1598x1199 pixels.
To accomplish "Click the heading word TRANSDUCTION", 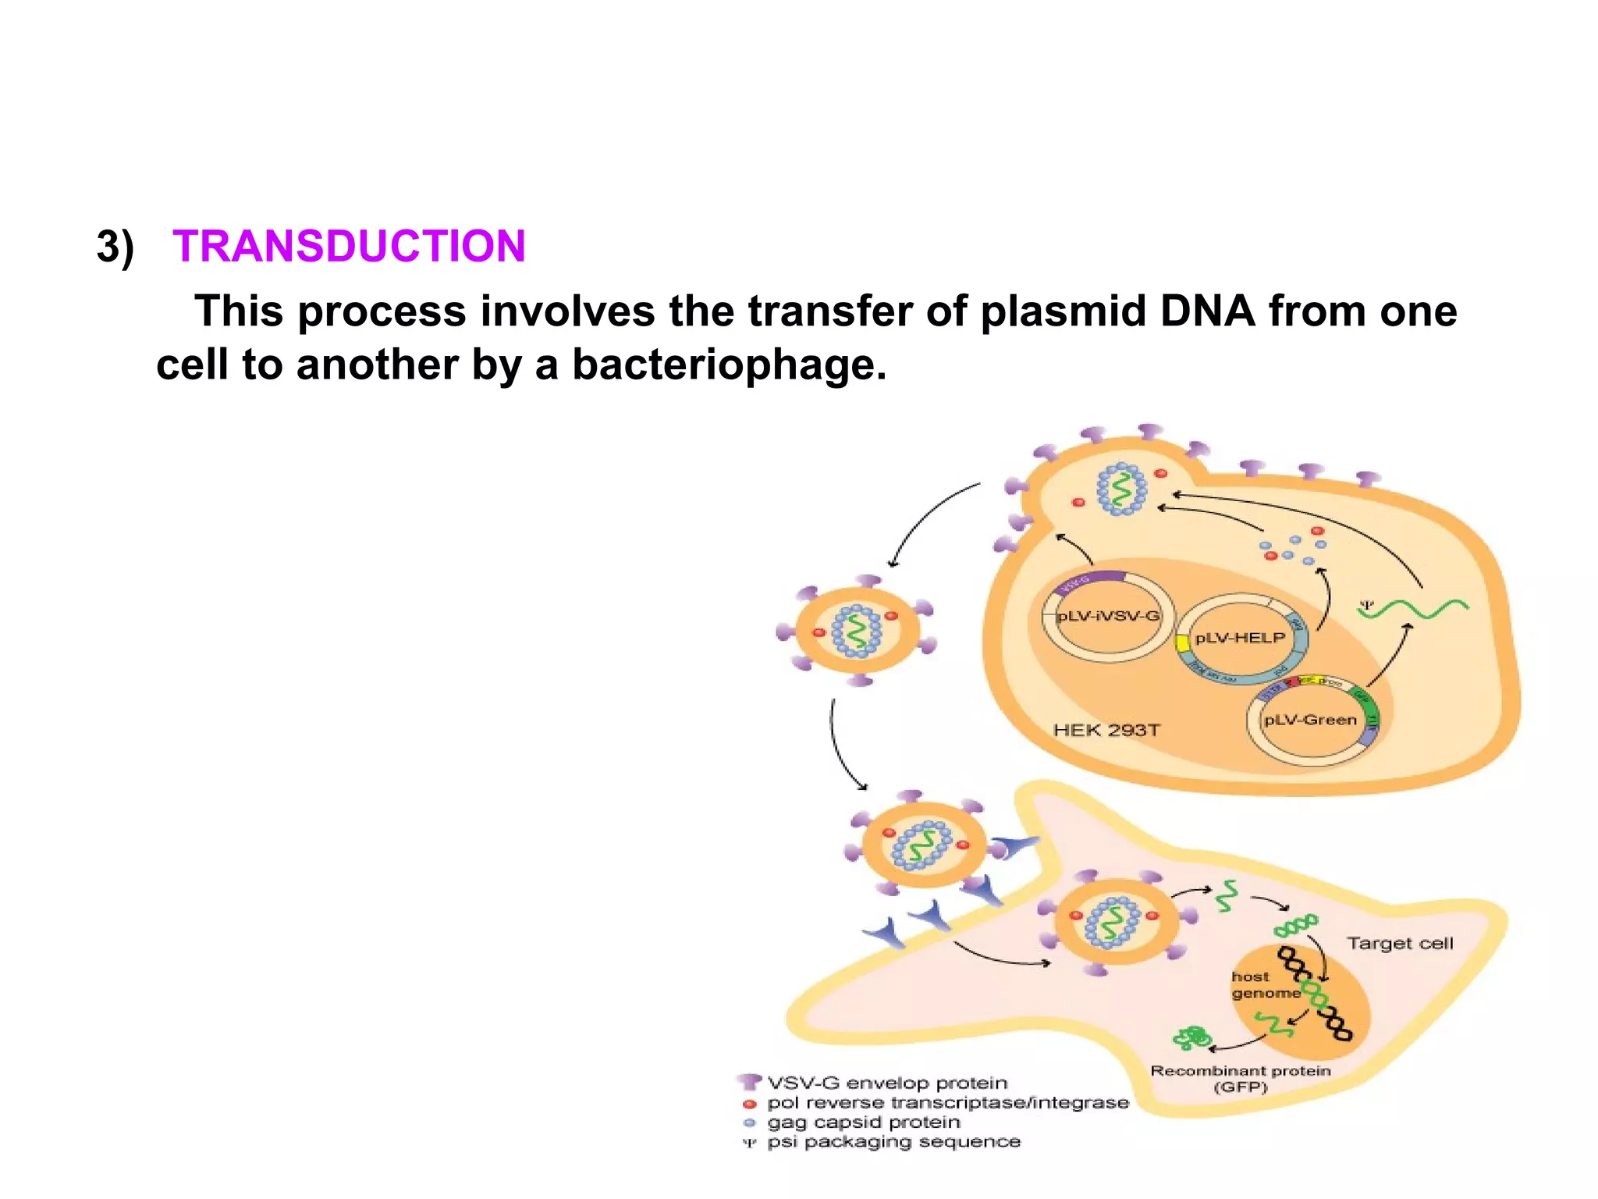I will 349,246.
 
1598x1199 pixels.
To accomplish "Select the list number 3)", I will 115,247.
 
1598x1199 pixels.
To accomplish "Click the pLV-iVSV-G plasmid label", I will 1107,616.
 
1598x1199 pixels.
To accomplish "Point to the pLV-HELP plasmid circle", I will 1240,638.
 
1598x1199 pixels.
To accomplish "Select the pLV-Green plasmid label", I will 1310,720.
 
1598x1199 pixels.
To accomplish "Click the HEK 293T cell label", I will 1106,730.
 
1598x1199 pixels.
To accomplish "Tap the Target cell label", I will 1400,943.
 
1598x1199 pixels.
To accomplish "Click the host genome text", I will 1265,985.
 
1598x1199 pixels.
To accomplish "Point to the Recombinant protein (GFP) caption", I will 1241,1079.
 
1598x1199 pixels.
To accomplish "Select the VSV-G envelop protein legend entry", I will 886,1083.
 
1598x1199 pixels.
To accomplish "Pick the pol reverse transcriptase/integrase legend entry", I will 947,1102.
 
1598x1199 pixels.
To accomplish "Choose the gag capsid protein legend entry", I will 863,1122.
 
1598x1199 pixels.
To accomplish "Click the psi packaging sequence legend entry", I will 893,1141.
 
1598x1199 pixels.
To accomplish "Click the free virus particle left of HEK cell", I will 858,630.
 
